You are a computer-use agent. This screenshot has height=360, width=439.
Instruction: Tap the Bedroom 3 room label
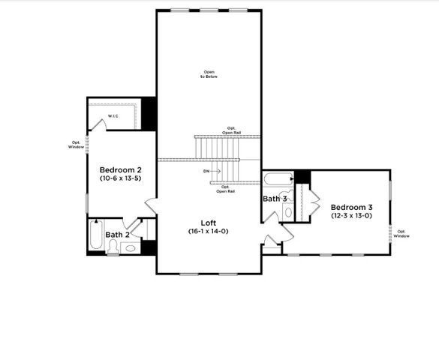[351, 207]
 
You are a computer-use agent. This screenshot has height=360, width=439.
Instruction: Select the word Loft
[209, 223]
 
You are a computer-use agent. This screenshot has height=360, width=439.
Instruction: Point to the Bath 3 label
[274, 199]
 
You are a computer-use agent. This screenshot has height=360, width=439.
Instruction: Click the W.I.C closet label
[113, 116]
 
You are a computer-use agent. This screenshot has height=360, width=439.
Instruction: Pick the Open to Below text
[209, 74]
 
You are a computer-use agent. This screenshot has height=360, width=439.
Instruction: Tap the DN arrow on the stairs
[212, 171]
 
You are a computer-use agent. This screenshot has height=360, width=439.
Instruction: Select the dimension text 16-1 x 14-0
[209, 232]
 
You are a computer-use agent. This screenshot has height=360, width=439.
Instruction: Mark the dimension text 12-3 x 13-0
[351, 216]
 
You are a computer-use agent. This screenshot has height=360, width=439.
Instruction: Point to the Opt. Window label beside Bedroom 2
[76, 145]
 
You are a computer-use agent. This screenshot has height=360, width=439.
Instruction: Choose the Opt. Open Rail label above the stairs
[232, 130]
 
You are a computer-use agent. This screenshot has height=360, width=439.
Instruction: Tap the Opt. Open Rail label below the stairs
[223, 189]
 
